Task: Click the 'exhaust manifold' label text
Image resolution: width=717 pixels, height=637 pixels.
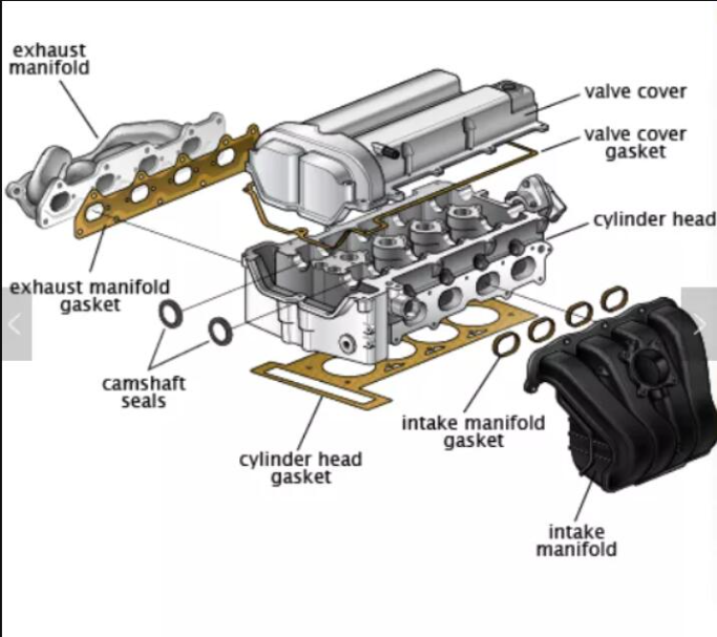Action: click(x=49, y=58)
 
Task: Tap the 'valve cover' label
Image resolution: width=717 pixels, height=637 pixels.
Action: click(x=635, y=92)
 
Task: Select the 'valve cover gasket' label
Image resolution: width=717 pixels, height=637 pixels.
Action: click(x=636, y=142)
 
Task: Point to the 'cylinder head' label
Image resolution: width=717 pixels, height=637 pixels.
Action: click(x=654, y=220)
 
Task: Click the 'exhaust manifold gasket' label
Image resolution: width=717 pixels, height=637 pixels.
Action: click(x=90, y=295)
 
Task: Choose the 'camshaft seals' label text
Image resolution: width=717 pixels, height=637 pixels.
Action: click(x=143, y=392)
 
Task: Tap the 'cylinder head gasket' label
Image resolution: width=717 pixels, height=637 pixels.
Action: click(x=300, y=468)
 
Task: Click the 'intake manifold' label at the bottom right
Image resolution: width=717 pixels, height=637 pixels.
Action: click(x=576, y=540)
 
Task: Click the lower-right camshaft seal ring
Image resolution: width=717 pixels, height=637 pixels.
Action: click(x=220, y=330)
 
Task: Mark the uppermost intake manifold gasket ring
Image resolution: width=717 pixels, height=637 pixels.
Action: click(x=611, y=298)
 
